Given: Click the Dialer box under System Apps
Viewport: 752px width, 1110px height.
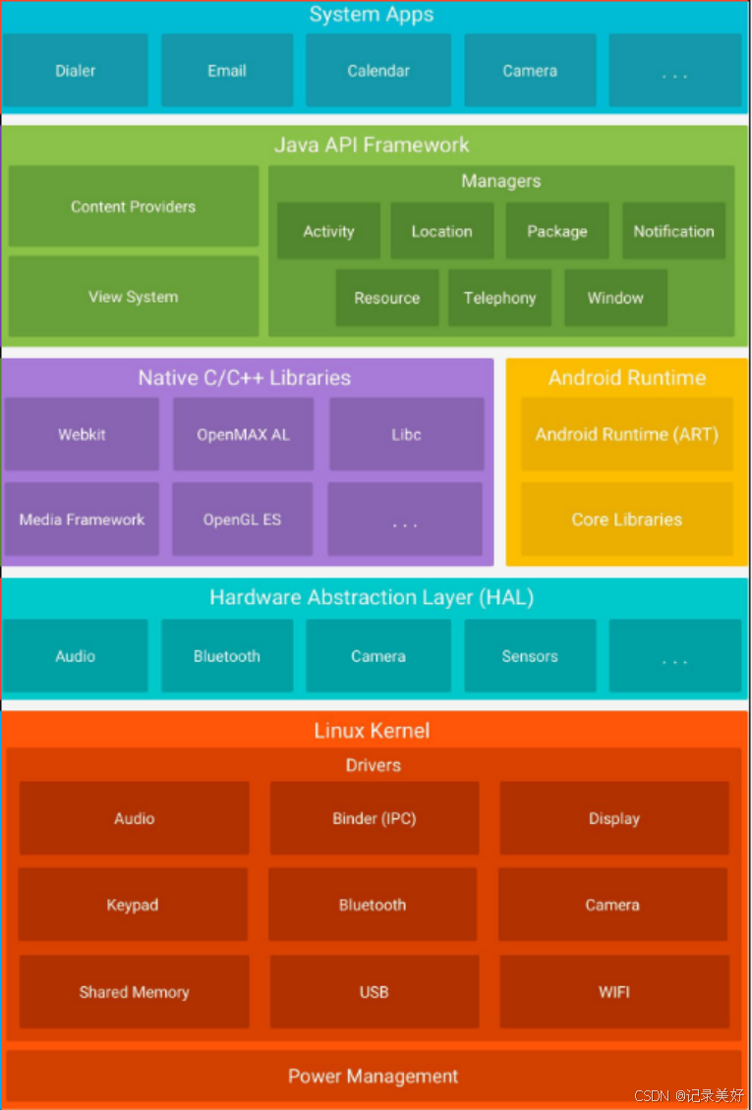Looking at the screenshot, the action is (x=75, y=71).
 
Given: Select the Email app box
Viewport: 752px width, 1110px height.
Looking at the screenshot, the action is (x=227, y=71).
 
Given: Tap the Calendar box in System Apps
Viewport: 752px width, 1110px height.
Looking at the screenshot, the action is (x=378, y=71).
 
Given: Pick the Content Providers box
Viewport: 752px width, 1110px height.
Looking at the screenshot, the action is (x=134, y=206).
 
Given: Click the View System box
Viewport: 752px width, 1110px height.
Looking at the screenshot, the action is (x=134, y=297).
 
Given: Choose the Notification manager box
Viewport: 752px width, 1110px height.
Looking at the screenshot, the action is (x=673, y=232).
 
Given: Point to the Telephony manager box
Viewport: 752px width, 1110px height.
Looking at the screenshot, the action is (x=499, y=299).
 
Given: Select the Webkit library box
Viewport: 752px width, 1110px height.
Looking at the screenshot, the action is (x=82, y=434).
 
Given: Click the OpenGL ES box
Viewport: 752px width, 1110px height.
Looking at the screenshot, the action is (x=242, y=520).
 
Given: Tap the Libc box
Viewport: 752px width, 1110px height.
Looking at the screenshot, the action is (x=406, y=434).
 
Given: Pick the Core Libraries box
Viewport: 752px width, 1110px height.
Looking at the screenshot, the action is (x=626, y=520).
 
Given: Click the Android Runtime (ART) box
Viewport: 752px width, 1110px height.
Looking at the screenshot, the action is (x=626, y=434).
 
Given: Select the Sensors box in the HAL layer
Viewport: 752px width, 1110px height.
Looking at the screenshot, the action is (x=530, y=656).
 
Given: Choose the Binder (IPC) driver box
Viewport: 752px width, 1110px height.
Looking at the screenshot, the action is (x=374, y=818).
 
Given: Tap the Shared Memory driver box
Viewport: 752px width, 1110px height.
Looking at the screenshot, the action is (x=134, y=992).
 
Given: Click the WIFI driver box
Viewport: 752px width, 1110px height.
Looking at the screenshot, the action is (x=613, y=992).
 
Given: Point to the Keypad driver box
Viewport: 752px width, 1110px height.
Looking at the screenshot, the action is (x=133, y=905).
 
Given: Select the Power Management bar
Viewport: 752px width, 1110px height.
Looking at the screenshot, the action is (x=374, y=1077).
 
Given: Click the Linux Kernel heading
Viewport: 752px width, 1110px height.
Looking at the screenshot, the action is (x=372, y=731).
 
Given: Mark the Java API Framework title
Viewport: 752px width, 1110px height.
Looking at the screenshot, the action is (x=372, y=145).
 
